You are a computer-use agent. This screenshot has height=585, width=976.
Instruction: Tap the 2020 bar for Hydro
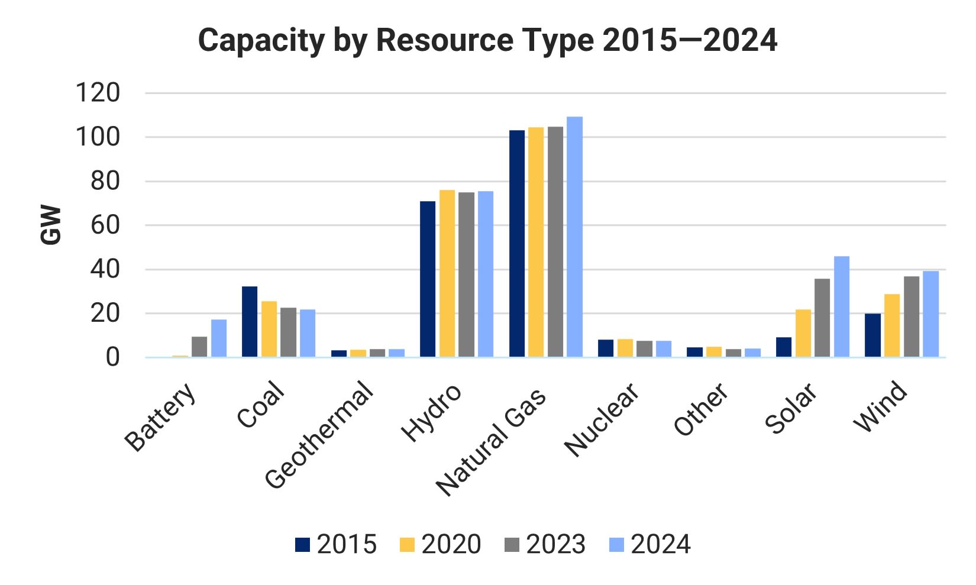[447, 273]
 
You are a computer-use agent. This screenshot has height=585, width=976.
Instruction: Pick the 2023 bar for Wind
[912, 316]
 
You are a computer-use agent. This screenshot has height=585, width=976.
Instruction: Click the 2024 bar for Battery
[219, 338]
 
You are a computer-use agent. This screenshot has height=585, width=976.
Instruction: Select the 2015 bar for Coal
[250, 322]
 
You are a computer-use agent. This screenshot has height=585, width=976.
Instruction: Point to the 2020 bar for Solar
[803, 333]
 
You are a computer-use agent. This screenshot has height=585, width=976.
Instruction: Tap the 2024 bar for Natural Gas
[574, 237]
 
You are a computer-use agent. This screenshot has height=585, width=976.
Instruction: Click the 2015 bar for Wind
[872, 335]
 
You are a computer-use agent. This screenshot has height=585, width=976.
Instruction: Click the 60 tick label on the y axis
[105, 225]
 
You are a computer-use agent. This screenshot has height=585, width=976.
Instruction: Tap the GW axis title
[51, 225]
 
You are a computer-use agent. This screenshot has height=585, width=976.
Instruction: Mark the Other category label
[702, 409]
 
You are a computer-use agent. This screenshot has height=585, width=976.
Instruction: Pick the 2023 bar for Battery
[199, 347]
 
